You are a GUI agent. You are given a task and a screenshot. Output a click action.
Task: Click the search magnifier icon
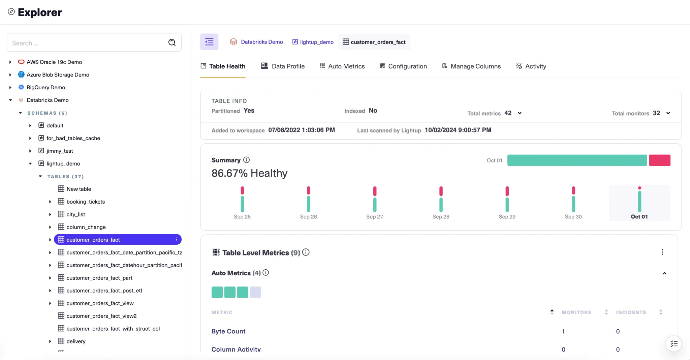(172, 42)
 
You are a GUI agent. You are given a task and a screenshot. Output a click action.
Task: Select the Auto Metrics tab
(342, 66)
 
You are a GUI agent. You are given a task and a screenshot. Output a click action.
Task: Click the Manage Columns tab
(471, 66)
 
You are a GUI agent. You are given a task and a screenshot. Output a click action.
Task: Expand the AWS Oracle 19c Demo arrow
(10, 62)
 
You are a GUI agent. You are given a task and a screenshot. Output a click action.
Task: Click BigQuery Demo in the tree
(46, 88)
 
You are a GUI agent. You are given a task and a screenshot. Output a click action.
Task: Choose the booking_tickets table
(86, 202)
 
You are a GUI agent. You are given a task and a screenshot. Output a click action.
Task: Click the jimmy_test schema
(60, 151)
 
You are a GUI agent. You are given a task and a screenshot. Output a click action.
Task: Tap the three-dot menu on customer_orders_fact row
(177, 240)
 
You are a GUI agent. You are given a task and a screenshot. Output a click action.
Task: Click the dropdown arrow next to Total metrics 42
(520, 113)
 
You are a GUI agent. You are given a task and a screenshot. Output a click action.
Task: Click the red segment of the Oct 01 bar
(659, 160)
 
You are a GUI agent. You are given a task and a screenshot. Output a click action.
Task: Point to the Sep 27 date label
(375, 217)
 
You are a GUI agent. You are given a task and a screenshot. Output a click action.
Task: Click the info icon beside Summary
(246, 160)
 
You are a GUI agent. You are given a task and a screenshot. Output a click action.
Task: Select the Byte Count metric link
(228, 331)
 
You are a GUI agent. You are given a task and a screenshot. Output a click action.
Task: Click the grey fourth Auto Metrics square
(255, 292)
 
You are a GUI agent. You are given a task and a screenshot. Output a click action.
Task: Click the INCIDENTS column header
(631, 312)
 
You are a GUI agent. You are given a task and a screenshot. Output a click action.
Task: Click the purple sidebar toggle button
(209, 42)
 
